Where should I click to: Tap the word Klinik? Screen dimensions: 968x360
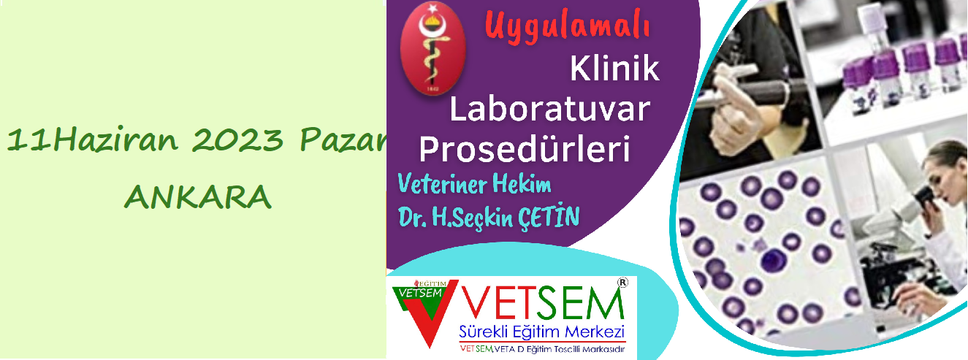pyautogui.click(x=614, y=69)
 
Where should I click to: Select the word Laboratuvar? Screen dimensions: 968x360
pyautogui.click(x=549, y=109)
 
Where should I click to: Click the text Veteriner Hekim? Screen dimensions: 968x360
pyautogui.click(x=474, y=184)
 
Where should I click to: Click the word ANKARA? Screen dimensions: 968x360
pyautogui.click(x=198, y=197)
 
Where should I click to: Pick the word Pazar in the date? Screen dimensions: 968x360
pyautogui.click(x=343, y=139)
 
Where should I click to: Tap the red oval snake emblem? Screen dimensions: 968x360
pyautogui.click(x=432, y=48)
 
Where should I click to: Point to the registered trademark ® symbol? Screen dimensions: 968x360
pyautogui.click(x=622, y=282)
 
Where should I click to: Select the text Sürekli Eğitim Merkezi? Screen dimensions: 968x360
pyautogui.click(x=542, y=332)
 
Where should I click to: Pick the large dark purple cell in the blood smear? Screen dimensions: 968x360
pyautogui.click(x=774, y=260)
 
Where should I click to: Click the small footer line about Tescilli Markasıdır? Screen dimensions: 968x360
pyautogui.click(x=542, y=349)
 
